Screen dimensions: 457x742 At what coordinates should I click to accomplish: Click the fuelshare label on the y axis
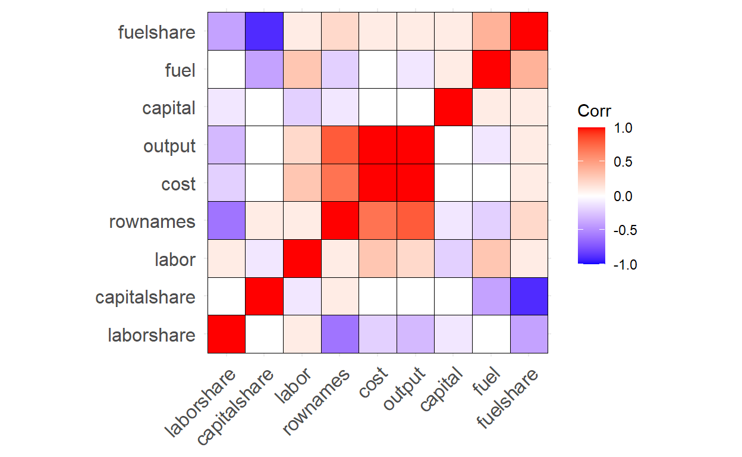pyautogui.click(x=157, y=32)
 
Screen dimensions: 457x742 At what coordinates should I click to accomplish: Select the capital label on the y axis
pyautogui.click(x=169, y=108)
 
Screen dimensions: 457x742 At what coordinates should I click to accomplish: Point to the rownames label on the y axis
pyautogui.click(x=152, y=222)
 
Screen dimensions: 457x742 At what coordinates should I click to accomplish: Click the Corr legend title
pyautogui.click(x=594, y=111)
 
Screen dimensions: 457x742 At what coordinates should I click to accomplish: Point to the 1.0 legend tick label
pyautogui.click(x=625, y=128)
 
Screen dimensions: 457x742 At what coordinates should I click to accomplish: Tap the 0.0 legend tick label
pyautogui.click(x=625, y=196)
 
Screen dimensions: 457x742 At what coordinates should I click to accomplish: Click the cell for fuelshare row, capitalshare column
pyautogui.click(x=264, y=32)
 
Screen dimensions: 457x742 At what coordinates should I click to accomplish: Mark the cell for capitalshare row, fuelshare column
pyautogui.click(x=529, y=296)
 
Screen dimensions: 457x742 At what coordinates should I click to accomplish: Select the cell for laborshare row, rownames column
pyautogui.click(x=340, y=334)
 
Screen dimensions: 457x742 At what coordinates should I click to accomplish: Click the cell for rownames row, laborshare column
pyautogui.click(x=227, y=221)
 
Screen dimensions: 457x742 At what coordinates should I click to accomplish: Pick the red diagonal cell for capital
pyautogui.click(x=453, y=107)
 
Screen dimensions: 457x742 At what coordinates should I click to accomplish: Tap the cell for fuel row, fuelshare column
pyautogui.click(x=529, y=70)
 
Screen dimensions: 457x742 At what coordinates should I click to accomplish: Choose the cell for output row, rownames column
pyautogui.click(x=340, y=145)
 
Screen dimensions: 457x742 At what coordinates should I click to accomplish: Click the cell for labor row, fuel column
pyautogui.click(x=491, y=258)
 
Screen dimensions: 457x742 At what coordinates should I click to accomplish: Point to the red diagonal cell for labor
pyautogui.click(x=302, y=258)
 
